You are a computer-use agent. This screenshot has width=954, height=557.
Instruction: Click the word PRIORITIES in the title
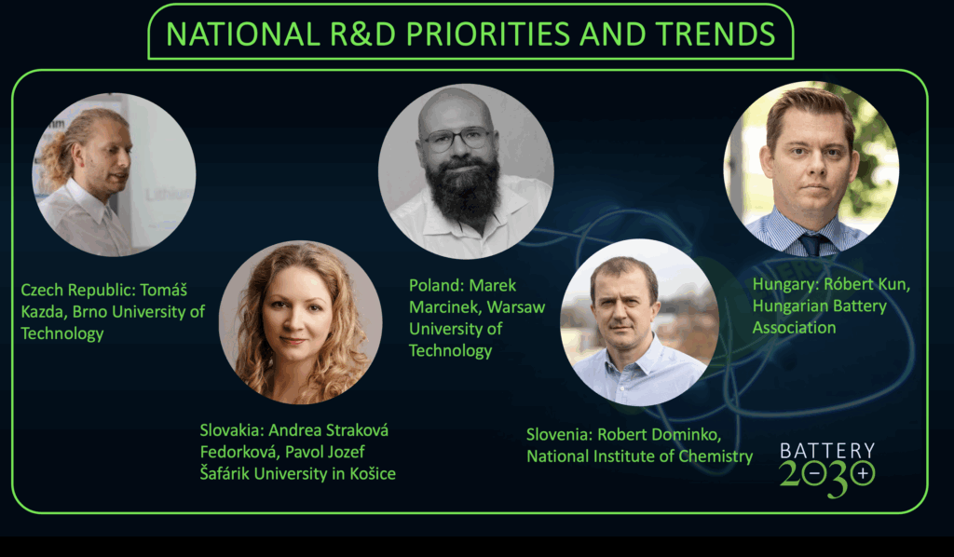click(x=487, y=34)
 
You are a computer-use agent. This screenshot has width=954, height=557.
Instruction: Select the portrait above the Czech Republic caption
click(x=114, y=174)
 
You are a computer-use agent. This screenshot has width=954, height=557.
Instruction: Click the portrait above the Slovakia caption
click(x=301, y=322)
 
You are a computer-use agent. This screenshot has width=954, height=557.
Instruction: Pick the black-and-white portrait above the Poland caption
click(x=466, y=171)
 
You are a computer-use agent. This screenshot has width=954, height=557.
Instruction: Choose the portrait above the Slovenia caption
click(x=639, y=322)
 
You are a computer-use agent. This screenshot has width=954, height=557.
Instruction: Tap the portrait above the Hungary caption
click(x=811, y=169)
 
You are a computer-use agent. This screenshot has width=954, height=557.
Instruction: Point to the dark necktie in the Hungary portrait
click(x=812, y=244)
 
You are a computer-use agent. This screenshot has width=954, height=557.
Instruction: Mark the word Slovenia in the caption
click(x=559, y=435)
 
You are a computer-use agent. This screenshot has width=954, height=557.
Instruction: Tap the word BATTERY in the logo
click(x=827, y=451)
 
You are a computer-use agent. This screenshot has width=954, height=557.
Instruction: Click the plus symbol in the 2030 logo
click(x=862, y=473)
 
